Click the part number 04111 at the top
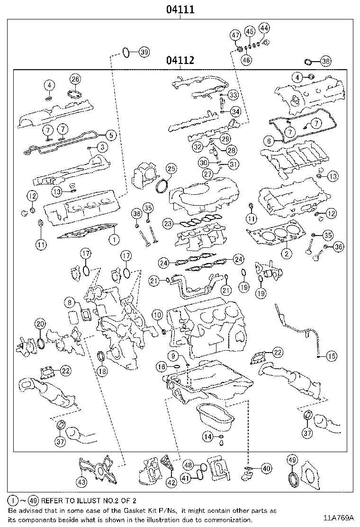tap(180, 9)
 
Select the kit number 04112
tap(180, 60)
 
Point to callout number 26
tap(75, 79)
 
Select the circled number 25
tap(171, 169)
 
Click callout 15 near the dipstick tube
tap(331, 355)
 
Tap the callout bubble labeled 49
tap(292, 460)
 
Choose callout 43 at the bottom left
tap(82, 482)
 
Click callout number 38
tap(325, 61)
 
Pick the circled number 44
tap(264, 28)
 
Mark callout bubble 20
tap(40, 324)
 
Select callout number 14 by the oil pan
tap(207, 436)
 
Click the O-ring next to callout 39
tap(126, 52)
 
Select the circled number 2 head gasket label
tap(286, 253)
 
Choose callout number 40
tap(266, 468)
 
